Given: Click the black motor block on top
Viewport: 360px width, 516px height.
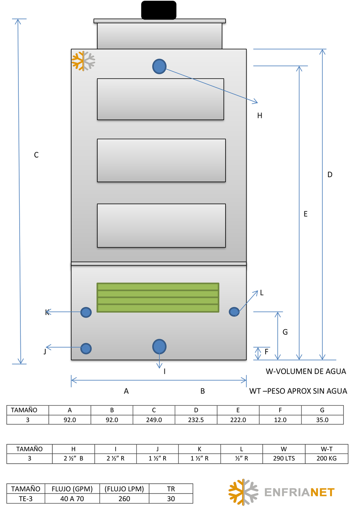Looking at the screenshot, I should tap(159, 10).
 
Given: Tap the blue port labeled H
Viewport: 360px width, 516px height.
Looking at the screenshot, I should tap(159, 66).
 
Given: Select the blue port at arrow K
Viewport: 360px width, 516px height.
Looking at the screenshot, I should tap(86, 312).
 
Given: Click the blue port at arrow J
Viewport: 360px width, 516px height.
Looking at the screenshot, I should tap(86, 348).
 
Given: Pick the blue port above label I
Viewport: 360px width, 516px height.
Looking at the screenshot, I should tap(159, 346).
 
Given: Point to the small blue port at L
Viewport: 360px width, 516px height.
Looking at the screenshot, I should tap(234, 312).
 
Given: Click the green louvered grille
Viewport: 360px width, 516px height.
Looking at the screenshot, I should tap(158, 298).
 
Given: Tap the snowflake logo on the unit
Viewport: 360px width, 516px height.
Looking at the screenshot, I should tap(83, 61).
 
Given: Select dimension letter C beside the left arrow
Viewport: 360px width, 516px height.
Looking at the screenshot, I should tap(36, 155).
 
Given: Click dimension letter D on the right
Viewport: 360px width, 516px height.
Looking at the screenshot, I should tap(330, 174).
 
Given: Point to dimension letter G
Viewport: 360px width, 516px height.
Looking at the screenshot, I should tap(285, 332).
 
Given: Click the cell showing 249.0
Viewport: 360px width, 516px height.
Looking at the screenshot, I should tap(154, 420).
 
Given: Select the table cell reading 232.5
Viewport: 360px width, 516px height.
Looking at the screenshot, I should tap(196, 420).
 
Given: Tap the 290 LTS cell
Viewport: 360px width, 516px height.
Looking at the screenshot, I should tap(284, 458).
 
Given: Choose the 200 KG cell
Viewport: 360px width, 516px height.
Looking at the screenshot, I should tap(326, 458).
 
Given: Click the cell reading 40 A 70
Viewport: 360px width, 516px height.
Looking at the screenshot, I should tap(72, 498).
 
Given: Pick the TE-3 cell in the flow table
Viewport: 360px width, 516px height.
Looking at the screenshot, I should tap(26, 498).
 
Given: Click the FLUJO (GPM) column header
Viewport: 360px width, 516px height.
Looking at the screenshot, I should tap(72, 489).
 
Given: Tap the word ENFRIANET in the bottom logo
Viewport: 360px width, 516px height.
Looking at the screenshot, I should tap(300, 492).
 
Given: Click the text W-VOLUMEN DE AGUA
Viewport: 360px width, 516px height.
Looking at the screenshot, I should tap(306, 371).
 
